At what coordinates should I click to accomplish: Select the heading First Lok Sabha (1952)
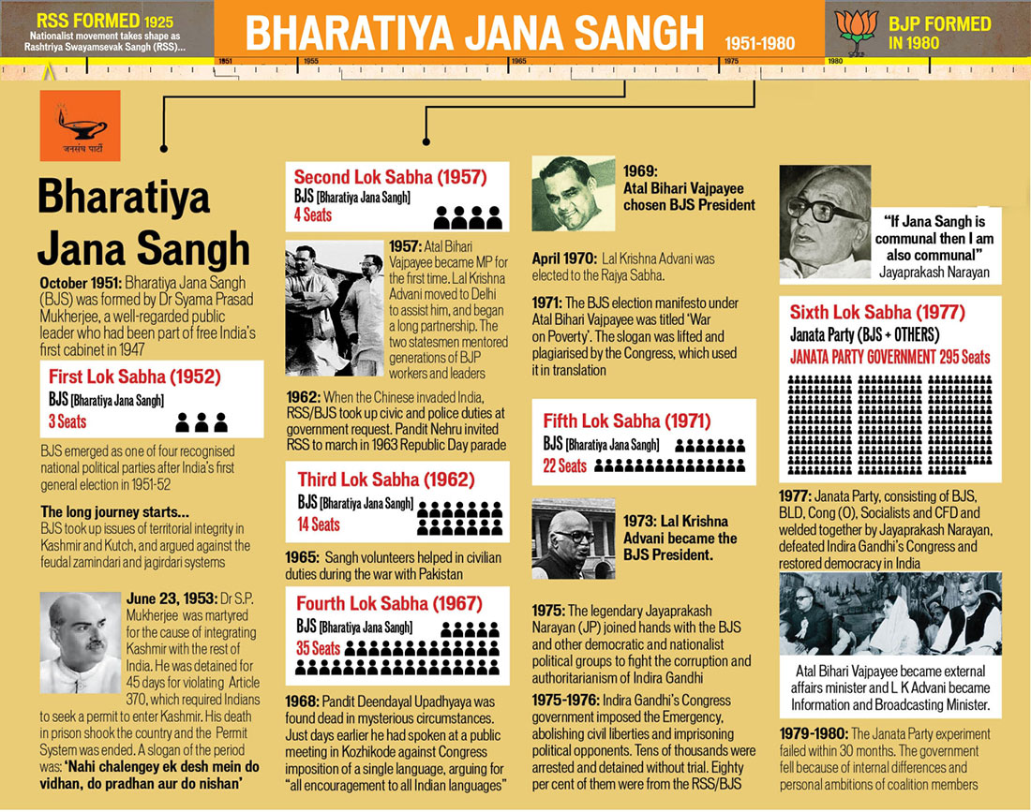tap(135, 377)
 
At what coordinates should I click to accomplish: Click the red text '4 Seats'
tap(312, 214)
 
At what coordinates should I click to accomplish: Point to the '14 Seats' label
tap(318, 524)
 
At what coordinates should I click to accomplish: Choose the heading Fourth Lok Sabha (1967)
tap(389, 603)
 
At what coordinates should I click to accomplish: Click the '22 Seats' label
tap(565, 465)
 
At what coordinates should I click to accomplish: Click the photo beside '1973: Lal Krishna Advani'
tap(568, 538)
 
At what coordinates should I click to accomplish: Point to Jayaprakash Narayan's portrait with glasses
tap(824, 222)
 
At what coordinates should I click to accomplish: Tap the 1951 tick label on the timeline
tap(225, 62)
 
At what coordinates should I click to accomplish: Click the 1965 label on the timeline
tap(518, 62)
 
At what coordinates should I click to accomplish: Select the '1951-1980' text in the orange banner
tap(760, 43)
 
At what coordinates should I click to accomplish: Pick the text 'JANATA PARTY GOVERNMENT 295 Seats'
tap(889, 357)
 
